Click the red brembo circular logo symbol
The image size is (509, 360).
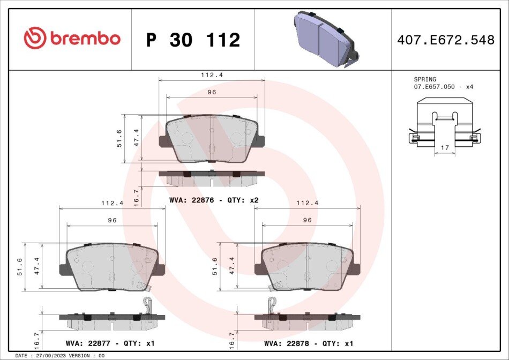[35, 38]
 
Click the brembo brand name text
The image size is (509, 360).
[85, 38]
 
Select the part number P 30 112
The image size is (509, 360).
[193, 40]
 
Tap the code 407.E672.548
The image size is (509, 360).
[446, 40]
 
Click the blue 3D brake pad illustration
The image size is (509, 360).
[326, 39]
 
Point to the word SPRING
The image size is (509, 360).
[425, 79]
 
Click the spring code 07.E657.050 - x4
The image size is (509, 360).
[444, 87]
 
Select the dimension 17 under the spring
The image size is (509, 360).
[445, 147]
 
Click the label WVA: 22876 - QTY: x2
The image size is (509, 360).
[214, 200]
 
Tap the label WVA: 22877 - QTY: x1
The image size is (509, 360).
[110, 343]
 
